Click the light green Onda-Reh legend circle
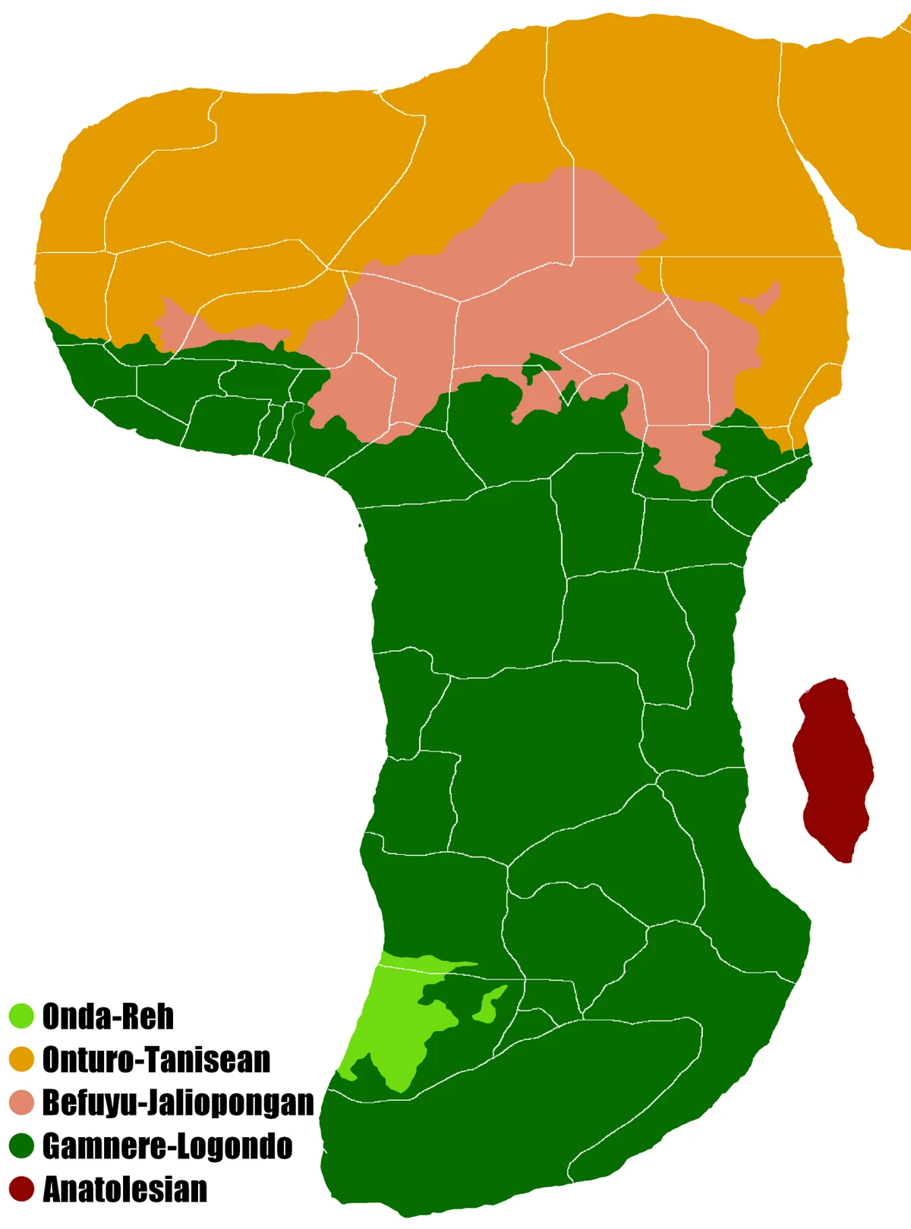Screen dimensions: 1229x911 [22, 1016]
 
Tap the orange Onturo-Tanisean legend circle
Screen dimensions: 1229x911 [22, 1059]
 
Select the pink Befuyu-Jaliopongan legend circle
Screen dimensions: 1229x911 [22, 1102]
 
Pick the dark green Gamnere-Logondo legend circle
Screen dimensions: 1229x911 [22, 1146]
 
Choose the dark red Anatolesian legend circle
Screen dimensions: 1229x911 [22, 1189]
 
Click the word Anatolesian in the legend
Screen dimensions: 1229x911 [125, 1189]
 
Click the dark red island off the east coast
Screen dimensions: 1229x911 [834, 766]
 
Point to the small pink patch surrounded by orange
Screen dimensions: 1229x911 [763, 300]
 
